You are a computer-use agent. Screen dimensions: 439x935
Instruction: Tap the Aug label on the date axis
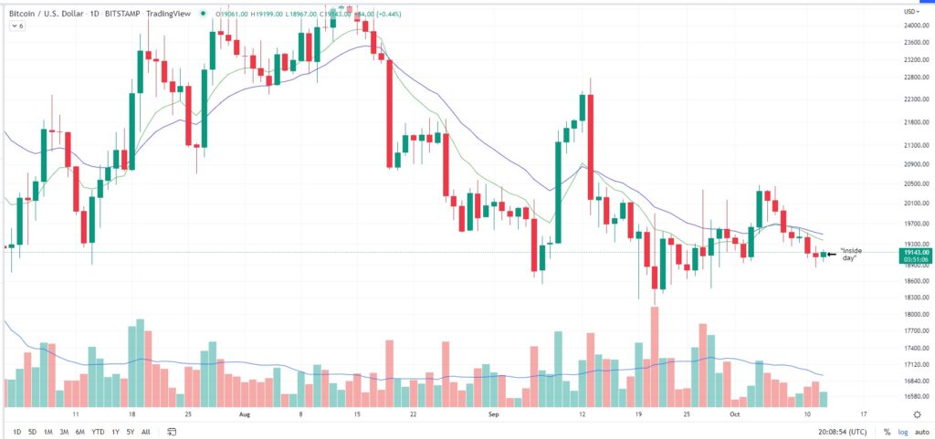(244, 413)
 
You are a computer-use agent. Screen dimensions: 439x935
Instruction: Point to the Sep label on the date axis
(494, 413)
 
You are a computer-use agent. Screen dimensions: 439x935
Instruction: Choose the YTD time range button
(98, 432)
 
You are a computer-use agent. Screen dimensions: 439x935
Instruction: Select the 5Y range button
(130, 432)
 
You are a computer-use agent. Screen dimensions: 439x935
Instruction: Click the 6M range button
(79, 432)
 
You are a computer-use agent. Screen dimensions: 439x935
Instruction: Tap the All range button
(145, 432)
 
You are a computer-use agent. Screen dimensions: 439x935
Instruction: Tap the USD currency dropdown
(910, 11)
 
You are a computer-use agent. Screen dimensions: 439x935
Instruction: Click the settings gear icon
(918, 413)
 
